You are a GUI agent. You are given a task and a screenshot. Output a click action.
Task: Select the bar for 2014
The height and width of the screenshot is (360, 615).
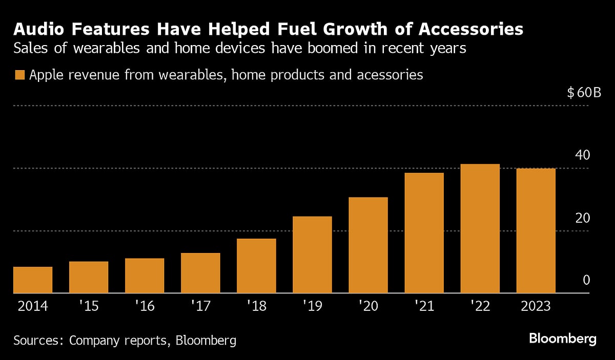(x=33, y=280)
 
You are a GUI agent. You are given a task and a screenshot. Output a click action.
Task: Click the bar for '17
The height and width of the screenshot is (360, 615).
(x=200, y=273)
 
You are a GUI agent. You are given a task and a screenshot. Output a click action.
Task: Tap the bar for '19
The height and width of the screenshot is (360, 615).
(x=312, y=255)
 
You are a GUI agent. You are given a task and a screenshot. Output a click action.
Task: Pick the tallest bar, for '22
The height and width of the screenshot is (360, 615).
(x=480, y=228)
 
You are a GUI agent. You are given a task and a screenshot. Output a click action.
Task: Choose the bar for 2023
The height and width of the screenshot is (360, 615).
(x=536, y=230)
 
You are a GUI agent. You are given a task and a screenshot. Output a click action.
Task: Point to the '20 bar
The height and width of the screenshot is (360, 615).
(x=368, y=245)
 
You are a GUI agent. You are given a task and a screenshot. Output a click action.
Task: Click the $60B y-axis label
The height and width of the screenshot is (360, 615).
(x=584, y=93)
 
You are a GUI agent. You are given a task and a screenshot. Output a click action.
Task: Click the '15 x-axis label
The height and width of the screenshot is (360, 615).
(x=88, y=307)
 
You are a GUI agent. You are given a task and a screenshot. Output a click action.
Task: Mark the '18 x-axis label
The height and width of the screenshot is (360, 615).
(x=256, y=307)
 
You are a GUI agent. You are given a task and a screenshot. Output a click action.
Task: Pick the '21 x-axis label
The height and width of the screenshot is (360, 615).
(x=424, y=307)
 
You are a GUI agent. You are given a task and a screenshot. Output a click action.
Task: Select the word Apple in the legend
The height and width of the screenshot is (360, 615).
(x=46, y=75)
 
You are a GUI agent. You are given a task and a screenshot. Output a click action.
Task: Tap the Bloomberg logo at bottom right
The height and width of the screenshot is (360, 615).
(x=563, y=339)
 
